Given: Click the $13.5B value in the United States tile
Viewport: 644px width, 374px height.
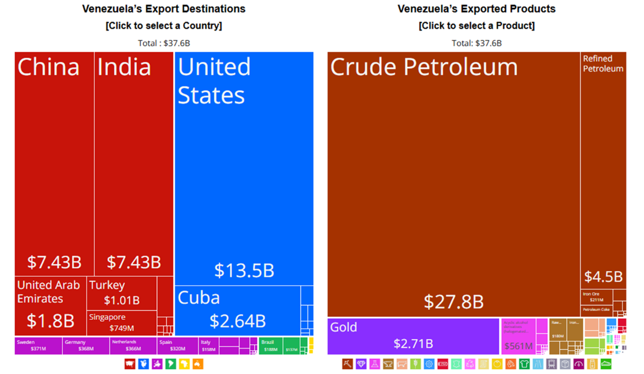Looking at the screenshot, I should [x=244, y=270].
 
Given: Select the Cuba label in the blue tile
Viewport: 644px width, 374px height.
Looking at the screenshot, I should [x=199, y=298].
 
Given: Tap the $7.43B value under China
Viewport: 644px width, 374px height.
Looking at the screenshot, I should [x=54, y=262].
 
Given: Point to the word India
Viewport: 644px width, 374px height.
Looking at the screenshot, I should [x=124, y=67].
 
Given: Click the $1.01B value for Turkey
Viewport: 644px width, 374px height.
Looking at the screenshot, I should [x=122, y=300].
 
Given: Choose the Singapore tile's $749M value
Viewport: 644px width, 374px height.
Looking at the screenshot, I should [x=122, y=328].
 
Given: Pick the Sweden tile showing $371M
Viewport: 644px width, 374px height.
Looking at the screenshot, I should [x=38, y=345].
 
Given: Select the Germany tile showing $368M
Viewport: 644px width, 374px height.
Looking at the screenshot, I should [x=86, y=345].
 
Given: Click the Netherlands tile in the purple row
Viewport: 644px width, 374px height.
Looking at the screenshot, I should [x=133, y=345].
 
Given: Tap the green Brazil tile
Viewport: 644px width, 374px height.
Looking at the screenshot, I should [x=270, y=345].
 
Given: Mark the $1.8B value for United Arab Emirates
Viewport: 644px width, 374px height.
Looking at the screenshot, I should [x=50, y=321].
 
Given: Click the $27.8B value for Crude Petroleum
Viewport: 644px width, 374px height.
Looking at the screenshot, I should [x=453, y=302].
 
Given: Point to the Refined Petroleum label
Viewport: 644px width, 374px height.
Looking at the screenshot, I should [x=603, y=64].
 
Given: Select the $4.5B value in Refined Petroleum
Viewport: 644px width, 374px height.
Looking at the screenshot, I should [x=603, y=277].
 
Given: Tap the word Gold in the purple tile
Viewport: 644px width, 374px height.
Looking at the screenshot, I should [x=344, y=327].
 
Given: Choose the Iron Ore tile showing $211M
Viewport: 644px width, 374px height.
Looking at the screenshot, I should [x=596, y=297].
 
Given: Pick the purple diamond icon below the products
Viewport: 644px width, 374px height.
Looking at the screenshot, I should [x=361, y=364].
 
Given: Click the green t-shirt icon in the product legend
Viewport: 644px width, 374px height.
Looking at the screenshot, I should [x=524, y=364].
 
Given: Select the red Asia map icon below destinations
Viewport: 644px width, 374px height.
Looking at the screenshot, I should [x=130, y=364].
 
